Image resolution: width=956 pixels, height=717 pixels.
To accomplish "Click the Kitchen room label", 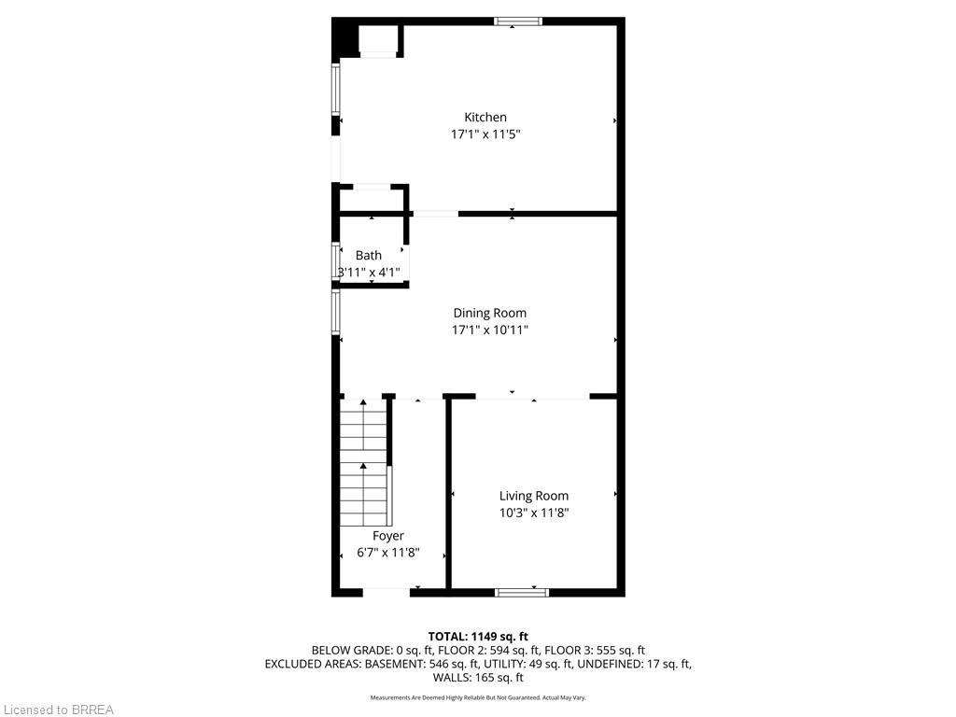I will (485, 118).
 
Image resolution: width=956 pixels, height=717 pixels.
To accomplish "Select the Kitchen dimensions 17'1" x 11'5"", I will (485, 134).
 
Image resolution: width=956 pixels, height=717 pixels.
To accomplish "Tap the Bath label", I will (369, 256).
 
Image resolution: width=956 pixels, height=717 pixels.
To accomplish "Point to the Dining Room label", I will (490, 314).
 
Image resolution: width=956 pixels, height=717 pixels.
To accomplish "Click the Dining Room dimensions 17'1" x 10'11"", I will (490, 330).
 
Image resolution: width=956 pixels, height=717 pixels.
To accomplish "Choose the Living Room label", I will (534, 497).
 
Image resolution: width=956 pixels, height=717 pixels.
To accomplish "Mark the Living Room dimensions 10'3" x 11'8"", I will (534, 513).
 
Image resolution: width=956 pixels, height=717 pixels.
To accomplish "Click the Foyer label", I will (388, 536).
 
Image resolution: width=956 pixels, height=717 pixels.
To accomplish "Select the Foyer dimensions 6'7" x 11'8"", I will (388, 553).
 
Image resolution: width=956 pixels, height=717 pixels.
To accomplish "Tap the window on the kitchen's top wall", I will (518, 21).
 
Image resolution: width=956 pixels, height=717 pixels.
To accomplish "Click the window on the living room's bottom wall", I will (522, 592).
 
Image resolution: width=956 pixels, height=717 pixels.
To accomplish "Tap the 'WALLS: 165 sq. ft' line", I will (478, 678).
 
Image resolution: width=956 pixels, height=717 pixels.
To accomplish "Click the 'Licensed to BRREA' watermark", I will (57, 710).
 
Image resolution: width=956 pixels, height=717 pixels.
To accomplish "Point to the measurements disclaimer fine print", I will (478, 697).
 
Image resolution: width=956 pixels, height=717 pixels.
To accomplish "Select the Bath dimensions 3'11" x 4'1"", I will (369, 273).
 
